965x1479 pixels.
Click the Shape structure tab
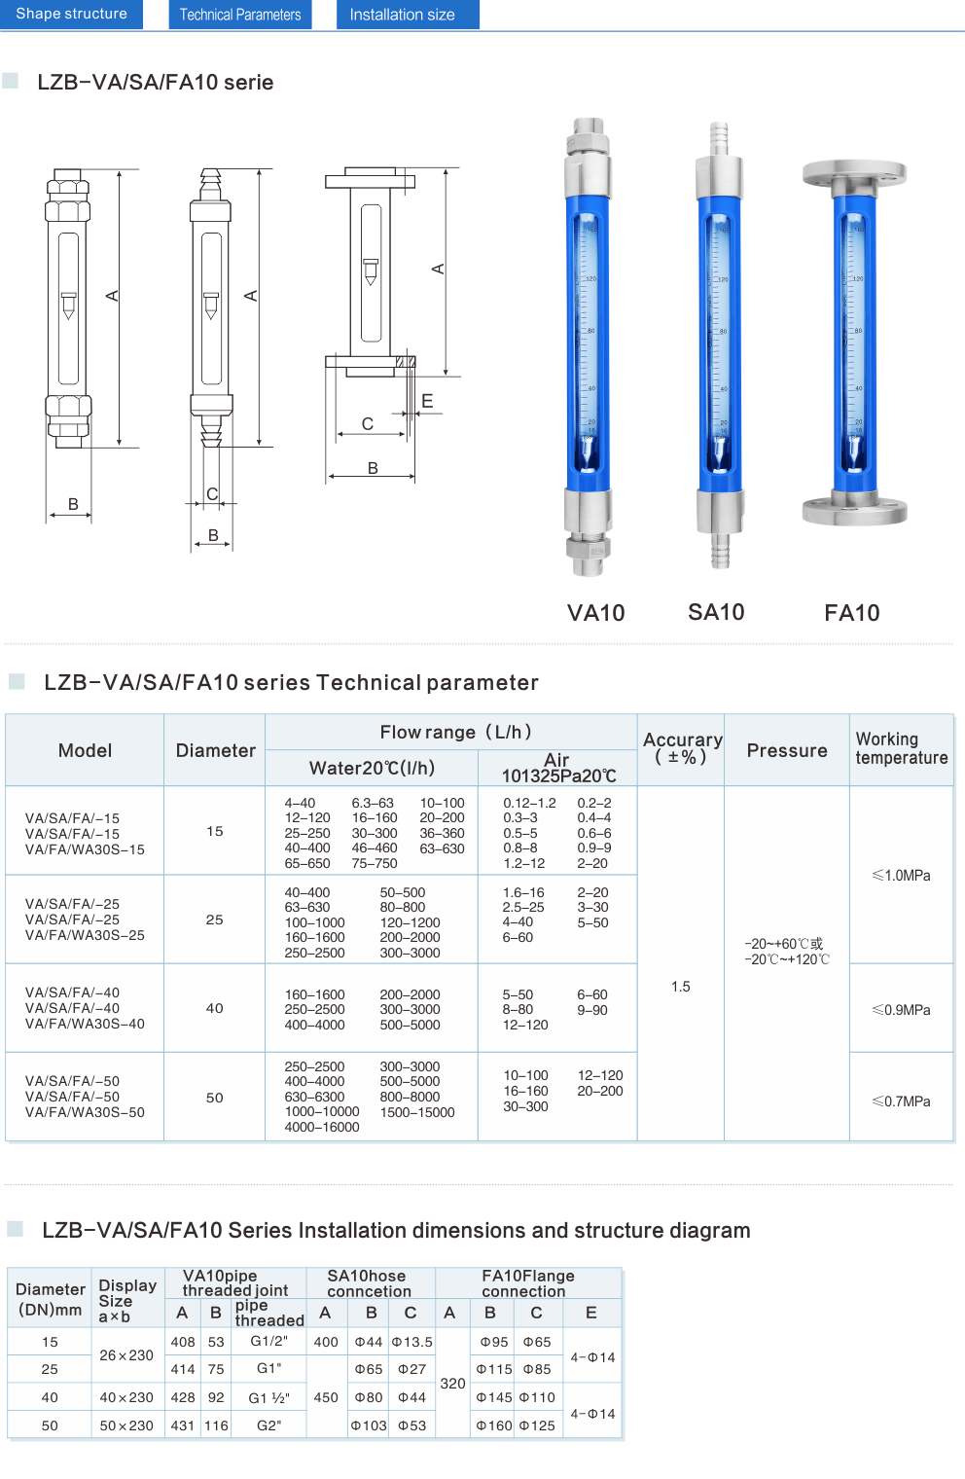71,14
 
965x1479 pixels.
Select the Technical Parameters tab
240,15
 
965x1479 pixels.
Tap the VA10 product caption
596,613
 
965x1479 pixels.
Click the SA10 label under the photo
716,612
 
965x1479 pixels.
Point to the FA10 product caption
852,613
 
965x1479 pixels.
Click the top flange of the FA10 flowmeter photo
854,173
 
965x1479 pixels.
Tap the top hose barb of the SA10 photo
719,138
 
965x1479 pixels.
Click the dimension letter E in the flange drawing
427,401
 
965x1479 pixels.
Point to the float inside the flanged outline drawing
371,271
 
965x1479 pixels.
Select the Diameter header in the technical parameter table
216,751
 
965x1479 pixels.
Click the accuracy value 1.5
681,987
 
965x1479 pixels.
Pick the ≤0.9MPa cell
902,1010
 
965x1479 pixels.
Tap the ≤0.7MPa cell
902,1101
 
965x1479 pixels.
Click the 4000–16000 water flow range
322,1127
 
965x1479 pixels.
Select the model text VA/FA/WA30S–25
85,935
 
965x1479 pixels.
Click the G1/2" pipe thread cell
269,1341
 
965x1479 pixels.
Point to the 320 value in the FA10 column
452,1384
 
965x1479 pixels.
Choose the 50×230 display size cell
126,1425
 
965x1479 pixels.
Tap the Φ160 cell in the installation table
494,1425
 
